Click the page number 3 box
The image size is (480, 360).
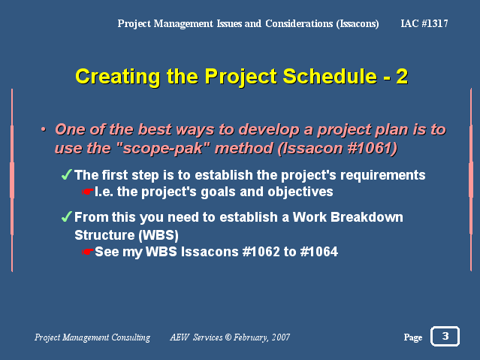[x=445, y=336]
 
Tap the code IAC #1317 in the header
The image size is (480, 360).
[x=424, y=23]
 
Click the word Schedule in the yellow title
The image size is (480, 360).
[x=330, y=77]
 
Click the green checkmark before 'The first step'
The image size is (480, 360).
[x=66, y=174]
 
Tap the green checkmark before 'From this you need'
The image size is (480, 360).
[x=66, y=216]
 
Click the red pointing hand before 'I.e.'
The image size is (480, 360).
[x=88, y=192]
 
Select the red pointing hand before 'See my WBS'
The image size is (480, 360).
[x=88, y=252]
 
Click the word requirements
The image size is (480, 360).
[x=382, y=175]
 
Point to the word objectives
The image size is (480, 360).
[x=300, y=192]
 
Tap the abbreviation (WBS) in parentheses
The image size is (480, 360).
[x=158, y=235]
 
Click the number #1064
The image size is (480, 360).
[x=319, y=252]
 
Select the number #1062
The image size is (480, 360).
[x=261, y=252]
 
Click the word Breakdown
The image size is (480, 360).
[x=367, y=217]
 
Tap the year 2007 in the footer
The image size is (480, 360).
[x=281, y=337]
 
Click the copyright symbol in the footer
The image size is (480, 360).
[x=228, y=337]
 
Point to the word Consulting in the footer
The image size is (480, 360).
[x=131, y=337]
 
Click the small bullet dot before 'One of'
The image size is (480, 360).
[x=44, y=129]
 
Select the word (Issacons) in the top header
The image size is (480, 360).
[x=358, y=24]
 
